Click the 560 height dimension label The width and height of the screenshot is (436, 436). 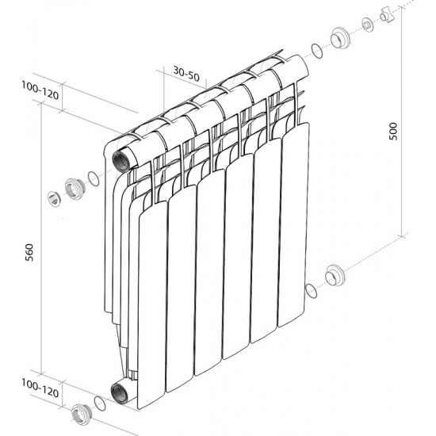29,252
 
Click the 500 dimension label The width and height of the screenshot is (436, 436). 394,132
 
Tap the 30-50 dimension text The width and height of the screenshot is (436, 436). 186,74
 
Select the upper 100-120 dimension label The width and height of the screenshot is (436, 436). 40,90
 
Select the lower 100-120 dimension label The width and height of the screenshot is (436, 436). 40,388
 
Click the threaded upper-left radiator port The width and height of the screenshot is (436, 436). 120,161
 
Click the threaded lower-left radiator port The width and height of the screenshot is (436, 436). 120,393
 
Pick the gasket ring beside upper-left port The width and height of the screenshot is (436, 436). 94,179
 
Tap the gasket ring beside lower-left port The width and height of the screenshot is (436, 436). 100,404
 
